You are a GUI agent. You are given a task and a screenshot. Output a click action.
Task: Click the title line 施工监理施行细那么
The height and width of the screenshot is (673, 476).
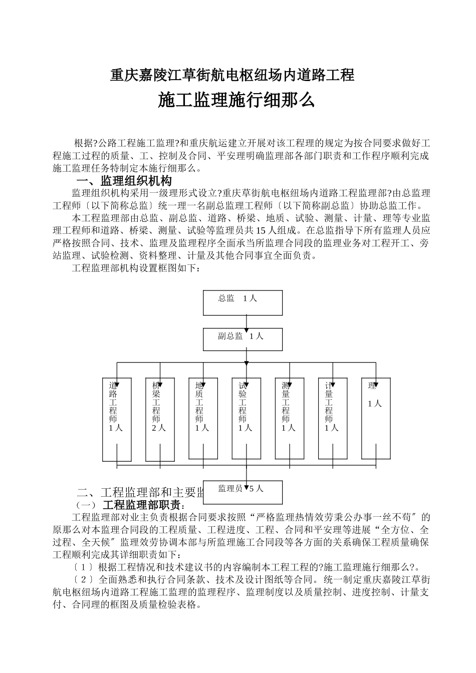236,100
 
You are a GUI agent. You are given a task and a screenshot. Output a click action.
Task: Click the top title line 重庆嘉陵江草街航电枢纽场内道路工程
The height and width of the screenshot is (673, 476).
232,75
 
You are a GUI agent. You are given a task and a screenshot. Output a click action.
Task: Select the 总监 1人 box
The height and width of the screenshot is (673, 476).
243,302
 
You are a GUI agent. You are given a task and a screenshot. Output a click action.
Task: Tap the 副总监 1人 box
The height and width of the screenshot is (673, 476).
243,339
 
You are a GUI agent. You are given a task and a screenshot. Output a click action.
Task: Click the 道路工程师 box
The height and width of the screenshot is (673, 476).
117,419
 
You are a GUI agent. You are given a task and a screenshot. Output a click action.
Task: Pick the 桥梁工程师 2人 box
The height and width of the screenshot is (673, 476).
160,419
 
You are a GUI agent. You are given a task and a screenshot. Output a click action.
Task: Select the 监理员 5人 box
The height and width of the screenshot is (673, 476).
243,492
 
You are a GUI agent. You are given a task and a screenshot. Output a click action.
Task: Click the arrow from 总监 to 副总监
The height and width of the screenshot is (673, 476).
246,321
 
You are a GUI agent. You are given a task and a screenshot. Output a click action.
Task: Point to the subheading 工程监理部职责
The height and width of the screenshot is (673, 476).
143,504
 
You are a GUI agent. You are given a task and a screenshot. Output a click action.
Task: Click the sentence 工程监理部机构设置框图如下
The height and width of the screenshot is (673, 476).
136,268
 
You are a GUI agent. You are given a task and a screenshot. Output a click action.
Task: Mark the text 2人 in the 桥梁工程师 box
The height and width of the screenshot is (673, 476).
159,428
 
